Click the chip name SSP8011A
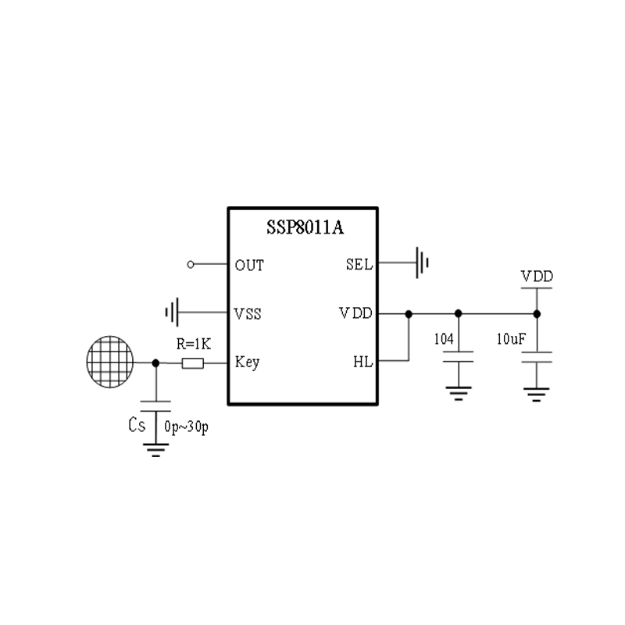point(303,228)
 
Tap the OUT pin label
point(249,265)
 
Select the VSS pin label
point(248,314)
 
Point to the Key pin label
point(247,362)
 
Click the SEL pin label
point(359,265)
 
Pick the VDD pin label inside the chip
point(355,314)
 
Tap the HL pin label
point(363,362)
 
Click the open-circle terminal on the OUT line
point(191,265)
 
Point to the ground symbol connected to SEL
point(423,263)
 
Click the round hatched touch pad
point(109,362)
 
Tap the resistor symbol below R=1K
point(192,362)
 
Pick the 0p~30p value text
point(186,427)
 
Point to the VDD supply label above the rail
point(537,277)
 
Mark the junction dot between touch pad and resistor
point(155,362)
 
